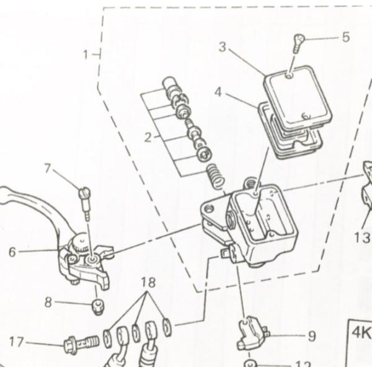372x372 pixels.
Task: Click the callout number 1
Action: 87,55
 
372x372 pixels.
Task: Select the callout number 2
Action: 148,137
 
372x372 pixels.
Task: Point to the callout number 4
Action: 218,92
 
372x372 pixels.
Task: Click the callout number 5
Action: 345,37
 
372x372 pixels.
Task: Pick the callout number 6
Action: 12,253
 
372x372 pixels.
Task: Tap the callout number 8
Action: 48,303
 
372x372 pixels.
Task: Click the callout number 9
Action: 311,336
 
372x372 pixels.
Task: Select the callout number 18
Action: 148,283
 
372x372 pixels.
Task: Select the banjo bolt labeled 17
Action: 81,342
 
